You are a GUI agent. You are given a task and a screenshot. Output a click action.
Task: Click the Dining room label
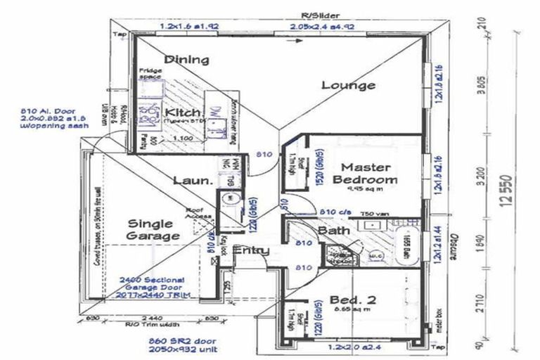[x=186, y=60]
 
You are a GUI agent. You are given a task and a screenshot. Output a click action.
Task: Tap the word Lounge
[x=348, y=85]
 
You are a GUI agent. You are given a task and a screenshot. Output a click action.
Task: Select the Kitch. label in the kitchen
[x=183, y=112]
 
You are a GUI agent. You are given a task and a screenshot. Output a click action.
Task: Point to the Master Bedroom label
[x=370, y=174]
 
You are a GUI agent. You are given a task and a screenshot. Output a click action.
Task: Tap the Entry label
[x=251, y=250]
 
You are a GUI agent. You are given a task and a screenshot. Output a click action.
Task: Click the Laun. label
[x=193, y=181]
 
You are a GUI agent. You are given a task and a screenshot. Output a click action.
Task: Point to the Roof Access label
[x=194, y=213]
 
